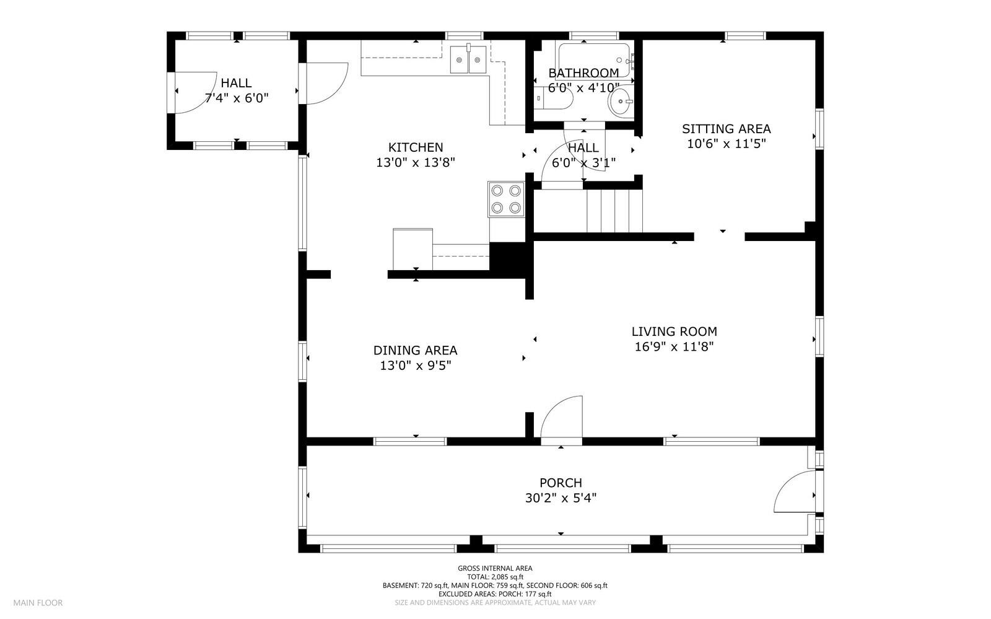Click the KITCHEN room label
point(416,147)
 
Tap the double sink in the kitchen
point(468,59)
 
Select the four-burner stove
point(506,200)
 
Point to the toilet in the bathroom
point(553,99)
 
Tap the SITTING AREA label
point(727,129)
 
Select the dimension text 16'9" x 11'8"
point(674,346)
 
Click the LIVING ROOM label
point(674,331)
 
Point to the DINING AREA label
point(416,351)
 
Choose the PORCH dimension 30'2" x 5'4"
point(561,498)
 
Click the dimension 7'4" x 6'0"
point(237,98)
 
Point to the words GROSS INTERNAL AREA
point(495,569)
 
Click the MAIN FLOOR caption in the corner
point(38,603)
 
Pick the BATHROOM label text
point(583,73)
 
